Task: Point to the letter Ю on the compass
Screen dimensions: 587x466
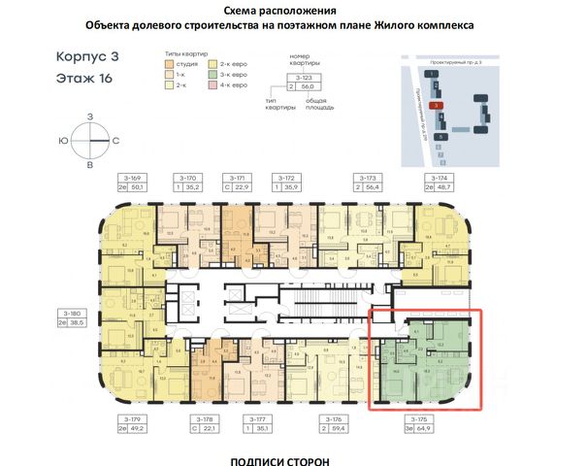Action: [x=63, y=142]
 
